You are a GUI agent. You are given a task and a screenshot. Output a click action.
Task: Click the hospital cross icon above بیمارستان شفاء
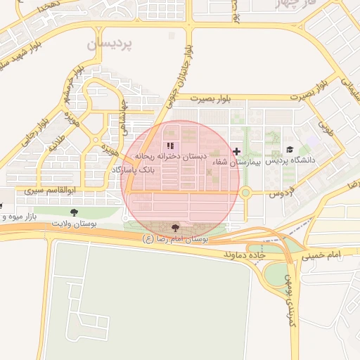pyautogui.click(x=236, y=151)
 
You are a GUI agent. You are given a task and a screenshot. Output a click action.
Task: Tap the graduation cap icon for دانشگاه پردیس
pyautogui.click(x=290, y=150)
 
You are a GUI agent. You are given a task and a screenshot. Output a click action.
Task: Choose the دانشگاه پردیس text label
pyautogui.click(x=291, y=160)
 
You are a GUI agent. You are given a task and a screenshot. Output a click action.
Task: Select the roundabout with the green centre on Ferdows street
pyautogui.click(x=245, y=192)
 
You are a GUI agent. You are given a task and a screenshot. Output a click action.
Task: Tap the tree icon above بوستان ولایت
pyautogui.click(x=74, y=212)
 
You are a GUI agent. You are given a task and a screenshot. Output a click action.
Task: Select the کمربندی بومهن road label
pyautogui.click(x=293, y=300)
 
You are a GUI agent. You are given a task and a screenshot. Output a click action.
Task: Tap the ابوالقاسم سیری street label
pyautogui.click(x=49, y=191)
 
